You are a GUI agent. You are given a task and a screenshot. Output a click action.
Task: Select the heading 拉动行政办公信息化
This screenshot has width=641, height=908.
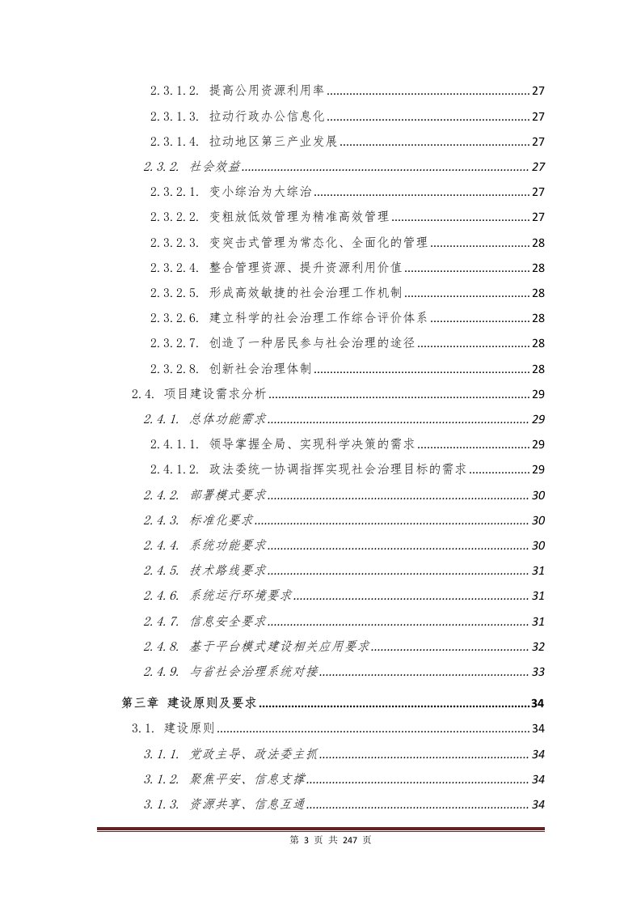point(267,116)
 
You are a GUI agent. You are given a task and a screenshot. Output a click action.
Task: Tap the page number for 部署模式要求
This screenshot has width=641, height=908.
point(538,494)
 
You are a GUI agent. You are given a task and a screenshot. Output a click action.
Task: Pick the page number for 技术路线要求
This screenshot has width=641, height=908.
point(538,571)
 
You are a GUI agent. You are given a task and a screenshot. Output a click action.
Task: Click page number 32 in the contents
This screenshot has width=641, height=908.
point(538,647)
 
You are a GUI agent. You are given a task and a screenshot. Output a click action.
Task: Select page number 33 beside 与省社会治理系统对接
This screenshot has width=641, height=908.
point(538,672)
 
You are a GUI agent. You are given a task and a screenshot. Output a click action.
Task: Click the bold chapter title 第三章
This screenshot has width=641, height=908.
point(140,702)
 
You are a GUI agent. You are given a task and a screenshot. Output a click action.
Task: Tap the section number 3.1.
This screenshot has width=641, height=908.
point(143,728)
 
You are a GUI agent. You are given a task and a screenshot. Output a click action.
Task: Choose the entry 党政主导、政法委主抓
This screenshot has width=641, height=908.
point(254,754)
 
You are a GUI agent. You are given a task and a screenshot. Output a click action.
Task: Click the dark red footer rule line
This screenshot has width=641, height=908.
point(320,829)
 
